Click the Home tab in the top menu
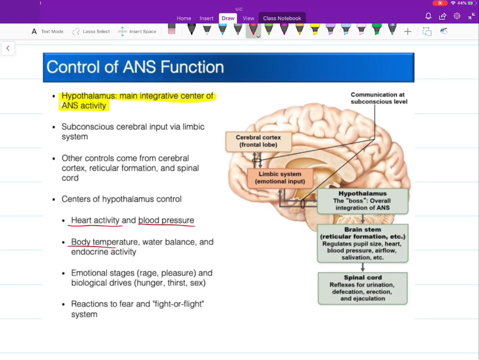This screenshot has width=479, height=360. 184,18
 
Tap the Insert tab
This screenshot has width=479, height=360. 207,18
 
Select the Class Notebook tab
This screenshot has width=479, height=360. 282,18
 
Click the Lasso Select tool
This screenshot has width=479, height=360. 91,31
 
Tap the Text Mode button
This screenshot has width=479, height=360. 47,31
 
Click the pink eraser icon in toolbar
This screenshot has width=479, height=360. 172,29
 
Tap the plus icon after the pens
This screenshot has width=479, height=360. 407,31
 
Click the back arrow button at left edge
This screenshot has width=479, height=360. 8,48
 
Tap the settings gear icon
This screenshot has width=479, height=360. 457,16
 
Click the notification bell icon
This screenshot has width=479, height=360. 428,16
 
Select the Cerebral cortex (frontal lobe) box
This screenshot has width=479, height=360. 258,141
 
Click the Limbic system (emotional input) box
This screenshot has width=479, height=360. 280,178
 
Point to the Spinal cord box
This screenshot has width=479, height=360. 362,288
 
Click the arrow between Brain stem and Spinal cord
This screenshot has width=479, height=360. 362,267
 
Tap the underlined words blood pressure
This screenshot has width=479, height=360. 166,220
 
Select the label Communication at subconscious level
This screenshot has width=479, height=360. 379,98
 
